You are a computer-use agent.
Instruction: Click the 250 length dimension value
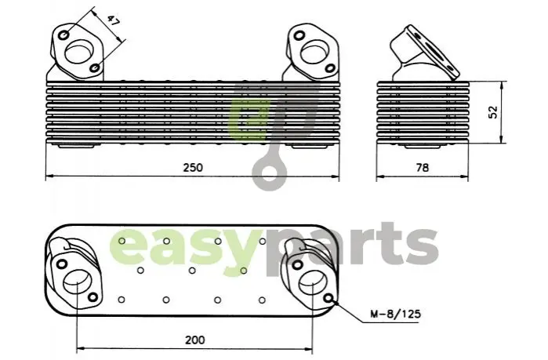[x=193, y=167]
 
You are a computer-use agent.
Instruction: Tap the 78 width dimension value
[x=423, y=168]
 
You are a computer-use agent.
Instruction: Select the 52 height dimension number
[x=492, y=112]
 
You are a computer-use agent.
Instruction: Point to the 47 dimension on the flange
[x=113, y=21]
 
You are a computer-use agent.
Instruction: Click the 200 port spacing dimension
[x=195, y=340]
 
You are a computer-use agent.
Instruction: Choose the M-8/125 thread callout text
[x=395, y=314]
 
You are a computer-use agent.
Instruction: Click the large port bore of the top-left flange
[x=78, y=52]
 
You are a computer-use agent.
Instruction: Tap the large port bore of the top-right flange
[x=313, y=53]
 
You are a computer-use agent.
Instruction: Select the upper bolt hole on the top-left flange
[x=64, y=35]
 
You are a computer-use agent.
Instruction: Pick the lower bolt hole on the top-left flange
[x=95, y=67]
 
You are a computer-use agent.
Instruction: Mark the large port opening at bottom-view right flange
[x=312, y=283]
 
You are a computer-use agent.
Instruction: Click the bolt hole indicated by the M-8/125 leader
[x=328, y=298]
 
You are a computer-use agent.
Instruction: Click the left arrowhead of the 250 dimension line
[x=49, y=176]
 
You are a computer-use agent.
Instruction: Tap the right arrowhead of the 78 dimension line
[x=465, y=176]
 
